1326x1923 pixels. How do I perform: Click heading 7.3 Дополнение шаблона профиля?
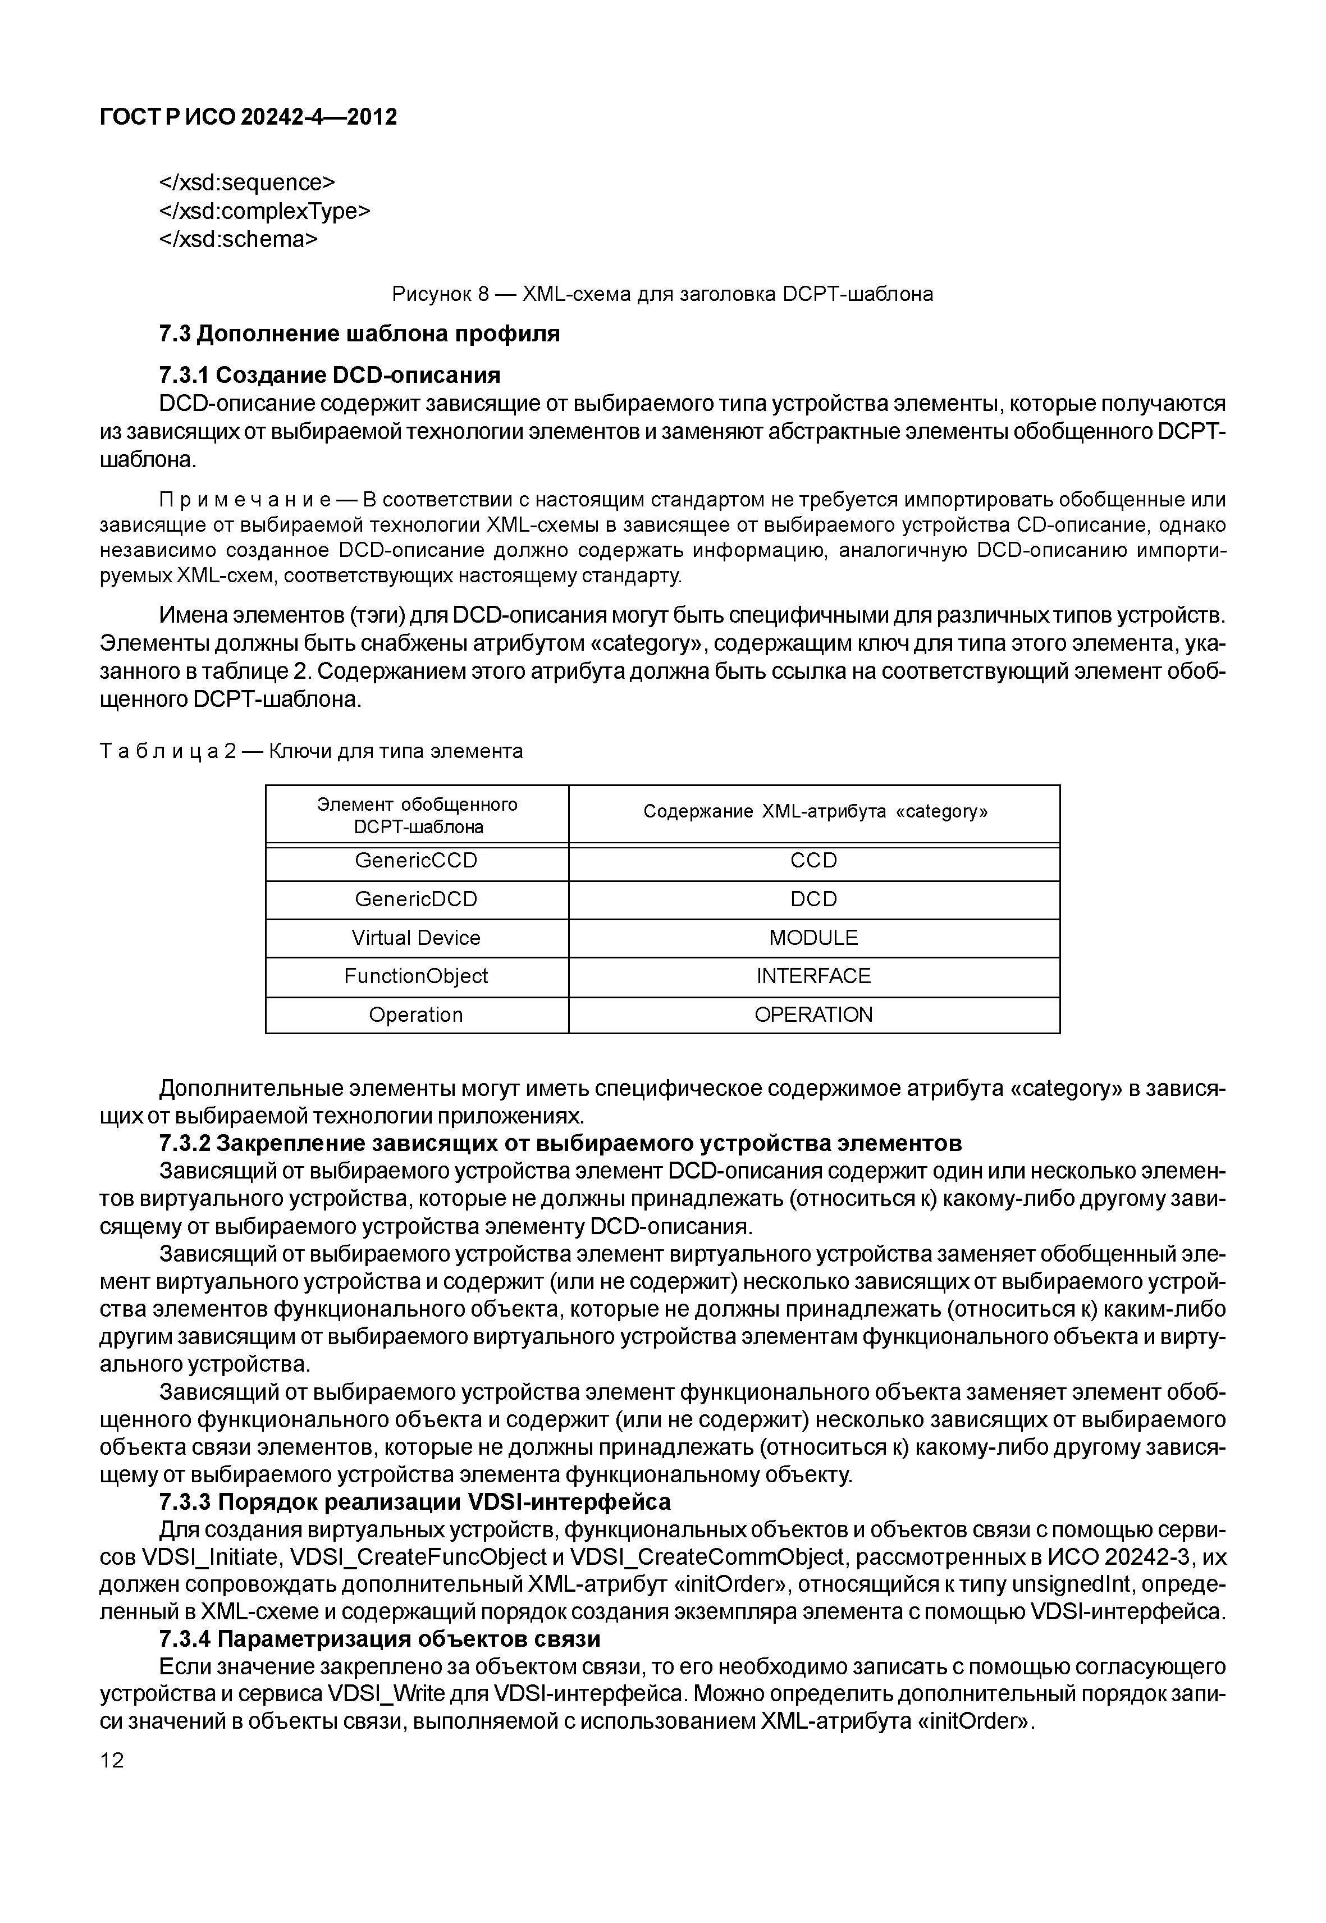(x=359, y=334)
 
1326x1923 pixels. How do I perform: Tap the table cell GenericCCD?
(x=416, y=861)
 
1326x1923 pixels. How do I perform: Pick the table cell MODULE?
(x=813, y=938)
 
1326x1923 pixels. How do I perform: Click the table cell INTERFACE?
(x=813, y=976)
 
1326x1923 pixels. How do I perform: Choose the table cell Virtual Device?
(x=416, y=938)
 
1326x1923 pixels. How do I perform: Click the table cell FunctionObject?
(x=416, y=976)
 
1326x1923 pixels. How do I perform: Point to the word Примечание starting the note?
(x=246, y=500)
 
